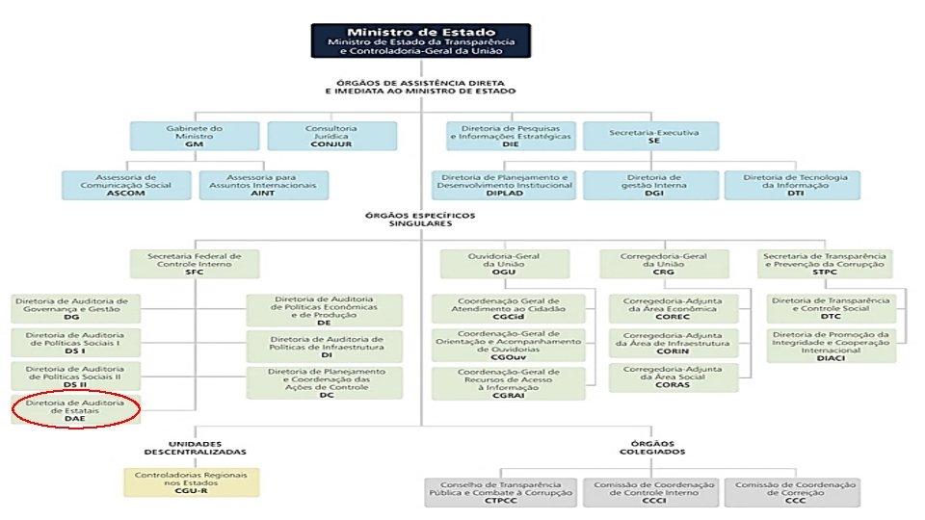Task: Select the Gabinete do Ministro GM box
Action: (194, 136)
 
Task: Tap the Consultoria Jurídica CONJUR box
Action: (330, 136)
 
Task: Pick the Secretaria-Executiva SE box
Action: (651, 136)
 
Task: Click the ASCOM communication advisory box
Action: (126, 186)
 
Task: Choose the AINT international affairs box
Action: (263, 186)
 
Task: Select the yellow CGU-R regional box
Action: (192, 481)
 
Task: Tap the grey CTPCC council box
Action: (500, 491)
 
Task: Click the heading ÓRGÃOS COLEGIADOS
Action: (654, 446)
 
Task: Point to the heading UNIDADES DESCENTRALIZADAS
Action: (196, 446)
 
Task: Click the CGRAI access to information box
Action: (508, 382)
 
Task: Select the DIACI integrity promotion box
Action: (831, 344)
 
